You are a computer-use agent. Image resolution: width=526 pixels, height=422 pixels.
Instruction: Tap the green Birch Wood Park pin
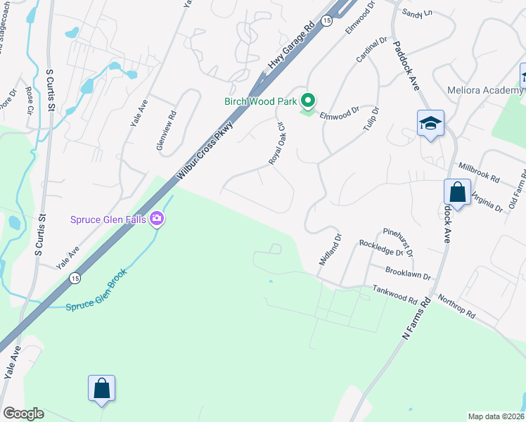pyautogui.click(x=307, y=101)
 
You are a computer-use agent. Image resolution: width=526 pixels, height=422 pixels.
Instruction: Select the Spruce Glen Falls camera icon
pyautogui.click(x=157, y=219)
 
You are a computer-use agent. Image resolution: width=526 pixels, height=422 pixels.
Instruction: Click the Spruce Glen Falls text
pyautogui.click(x=108, y=219)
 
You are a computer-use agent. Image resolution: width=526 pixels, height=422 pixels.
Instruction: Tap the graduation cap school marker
pyautogui.click(x=430, y=124)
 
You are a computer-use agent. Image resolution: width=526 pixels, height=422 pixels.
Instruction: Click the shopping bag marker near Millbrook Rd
pyautogui.click(x=457, y=193)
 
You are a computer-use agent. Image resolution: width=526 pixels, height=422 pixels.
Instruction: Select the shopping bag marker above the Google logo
pyautogui.click(x=101, y=388)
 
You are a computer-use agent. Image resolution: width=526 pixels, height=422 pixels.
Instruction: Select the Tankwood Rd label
pyautogui.click(x=394, y=294)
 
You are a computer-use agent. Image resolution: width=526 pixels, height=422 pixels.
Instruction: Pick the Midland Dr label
pyautogui.click(x=330, y=250)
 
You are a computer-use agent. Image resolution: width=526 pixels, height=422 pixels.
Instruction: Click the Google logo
pyautogui.click(x=23, y=414)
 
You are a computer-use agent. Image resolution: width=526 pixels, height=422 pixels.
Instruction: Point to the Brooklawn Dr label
pyautogui.click(x=407, y=272)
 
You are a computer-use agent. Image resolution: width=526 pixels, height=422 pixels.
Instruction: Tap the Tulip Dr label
pyautogui.click(x=370, y=121)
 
